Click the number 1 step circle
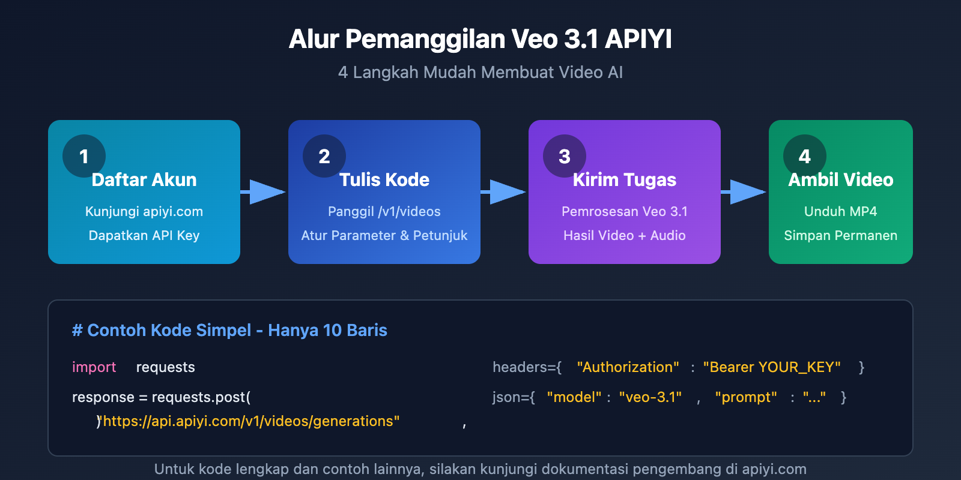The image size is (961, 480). pos(84,156)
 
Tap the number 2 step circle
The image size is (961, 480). pos(324,156)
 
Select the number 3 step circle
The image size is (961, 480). pos(565,156)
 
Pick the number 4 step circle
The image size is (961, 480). pos(805,156)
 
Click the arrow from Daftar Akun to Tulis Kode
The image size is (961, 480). pos(264,192)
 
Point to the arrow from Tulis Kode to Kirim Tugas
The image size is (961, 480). pos(505,192)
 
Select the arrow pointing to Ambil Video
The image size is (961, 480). pos(745,192)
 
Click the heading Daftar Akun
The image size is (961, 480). pos(144,180)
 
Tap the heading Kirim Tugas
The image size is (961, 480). pos(625,180)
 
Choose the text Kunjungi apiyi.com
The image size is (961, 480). pos(144,211)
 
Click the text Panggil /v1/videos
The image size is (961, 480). pos(384,211)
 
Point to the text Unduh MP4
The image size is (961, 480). pos(841,211)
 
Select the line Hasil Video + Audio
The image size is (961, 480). pos(625,235)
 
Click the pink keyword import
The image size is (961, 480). pos(94,367)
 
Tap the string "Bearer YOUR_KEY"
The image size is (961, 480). pos(772,367)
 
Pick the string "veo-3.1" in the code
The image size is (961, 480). pos(650,397)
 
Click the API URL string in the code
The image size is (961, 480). pos(251,421)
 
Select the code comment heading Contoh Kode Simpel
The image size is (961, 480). pos(229,330)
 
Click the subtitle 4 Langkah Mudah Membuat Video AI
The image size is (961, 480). pos(480,72)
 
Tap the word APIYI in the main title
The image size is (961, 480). pos(638,40)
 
